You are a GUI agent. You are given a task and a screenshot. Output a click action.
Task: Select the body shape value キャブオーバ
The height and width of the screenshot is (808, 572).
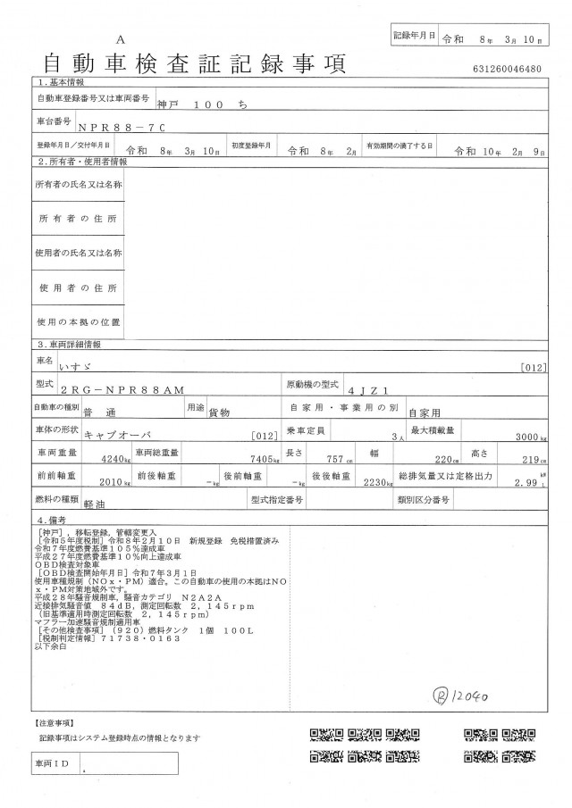115,436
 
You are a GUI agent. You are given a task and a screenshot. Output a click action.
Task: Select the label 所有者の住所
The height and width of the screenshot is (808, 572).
78,219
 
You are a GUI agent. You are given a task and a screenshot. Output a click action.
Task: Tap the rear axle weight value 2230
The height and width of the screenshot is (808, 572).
366,483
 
